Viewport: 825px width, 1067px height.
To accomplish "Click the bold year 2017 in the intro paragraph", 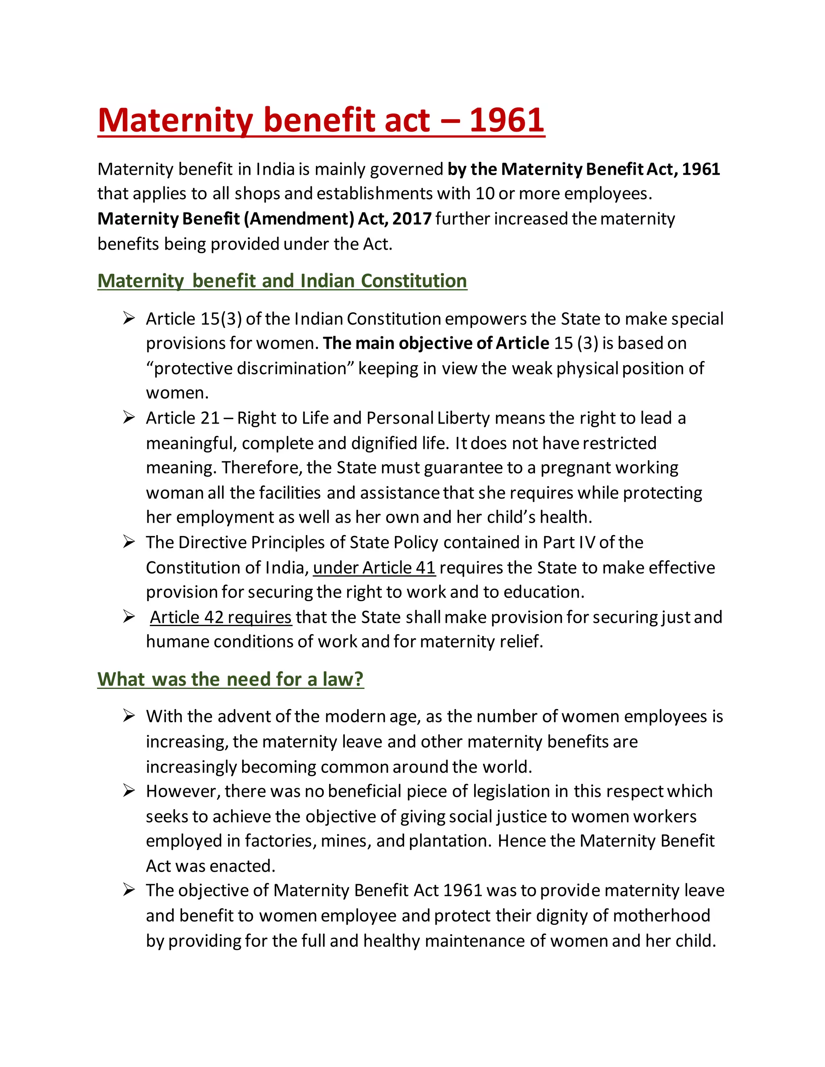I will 412,218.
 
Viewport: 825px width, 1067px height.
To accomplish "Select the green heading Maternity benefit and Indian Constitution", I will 282,281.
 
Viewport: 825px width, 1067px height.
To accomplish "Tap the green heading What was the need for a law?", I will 230,679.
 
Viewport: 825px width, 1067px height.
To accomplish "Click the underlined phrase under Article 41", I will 374,567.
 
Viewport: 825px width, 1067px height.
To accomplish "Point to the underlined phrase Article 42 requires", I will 220,617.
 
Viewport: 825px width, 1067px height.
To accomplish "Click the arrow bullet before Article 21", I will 129,418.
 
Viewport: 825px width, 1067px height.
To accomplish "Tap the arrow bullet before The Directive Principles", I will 129,542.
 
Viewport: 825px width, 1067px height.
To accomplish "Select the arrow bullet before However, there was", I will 129,791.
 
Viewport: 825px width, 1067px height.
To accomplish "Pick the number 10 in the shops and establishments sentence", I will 485,193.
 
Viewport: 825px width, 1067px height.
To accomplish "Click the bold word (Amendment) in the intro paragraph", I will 298,218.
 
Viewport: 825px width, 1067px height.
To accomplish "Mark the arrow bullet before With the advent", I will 129,716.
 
